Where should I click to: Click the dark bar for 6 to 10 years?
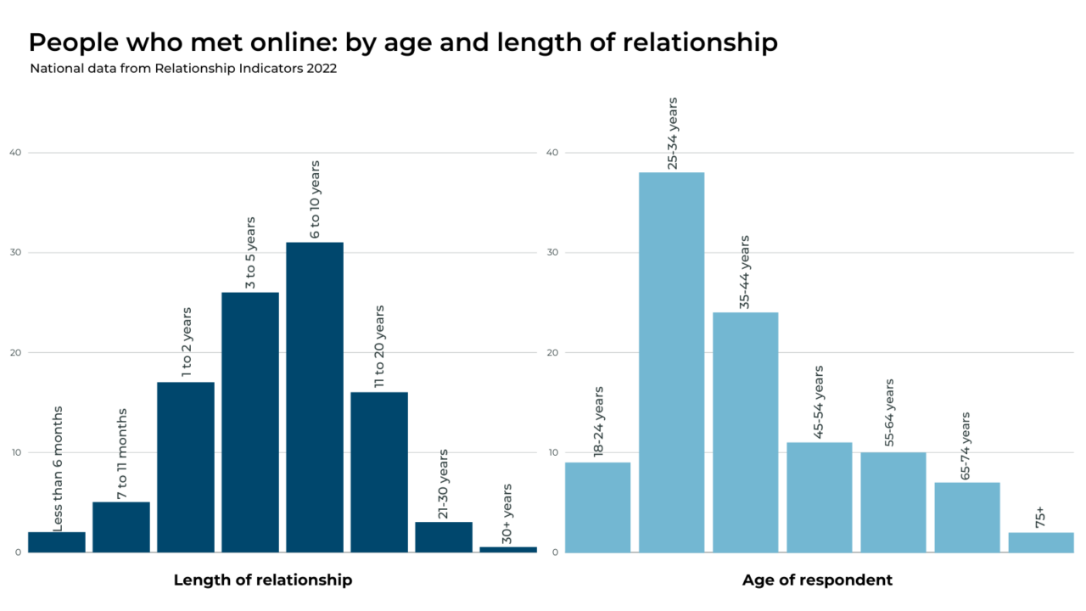click(x=315, y=397)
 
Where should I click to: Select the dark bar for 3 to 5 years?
click(x=250, y=422)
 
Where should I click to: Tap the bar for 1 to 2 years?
click(x=186, y=467)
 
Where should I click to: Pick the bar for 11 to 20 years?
click(x=379, y=472)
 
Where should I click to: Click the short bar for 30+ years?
click(x=508, y=549)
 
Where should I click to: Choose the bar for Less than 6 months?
click(x=57, y=542)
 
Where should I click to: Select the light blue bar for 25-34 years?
click(x=671, y=362)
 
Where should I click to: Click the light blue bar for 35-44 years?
click(x=745, y=432)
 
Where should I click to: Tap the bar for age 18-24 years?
click(x=597, y=507)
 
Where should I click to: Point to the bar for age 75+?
click(x=1041, y=542)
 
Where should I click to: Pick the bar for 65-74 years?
click(x=967, y=517)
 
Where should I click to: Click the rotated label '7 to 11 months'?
click(x=122, y=454)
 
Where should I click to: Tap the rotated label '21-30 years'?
click(x=444, y=485)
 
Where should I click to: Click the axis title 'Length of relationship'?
click(x=263, y=580)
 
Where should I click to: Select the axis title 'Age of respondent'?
click(x=817, y=580)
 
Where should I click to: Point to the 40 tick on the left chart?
click(x=15, y=153)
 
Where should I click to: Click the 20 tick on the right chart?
click(x=551, y=352)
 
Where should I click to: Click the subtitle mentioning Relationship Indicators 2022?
click(x=183, y=69)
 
